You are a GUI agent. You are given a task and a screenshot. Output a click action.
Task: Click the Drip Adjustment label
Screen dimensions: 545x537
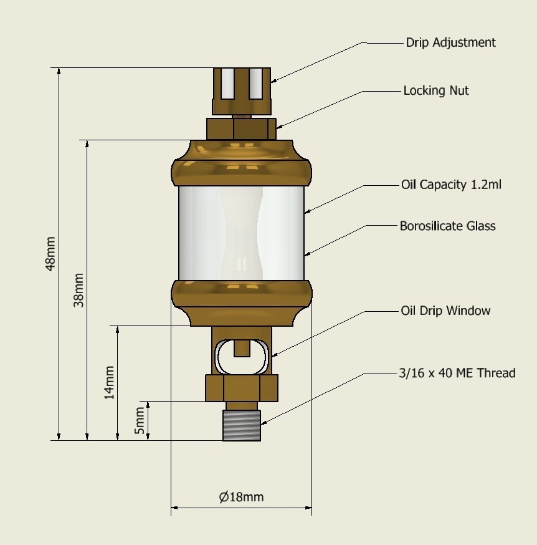tap(450, 43)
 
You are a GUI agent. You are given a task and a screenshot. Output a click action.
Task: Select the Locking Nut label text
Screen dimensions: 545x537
tap(436, 91)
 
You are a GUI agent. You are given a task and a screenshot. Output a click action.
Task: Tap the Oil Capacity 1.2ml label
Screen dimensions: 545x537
tap(451, 185)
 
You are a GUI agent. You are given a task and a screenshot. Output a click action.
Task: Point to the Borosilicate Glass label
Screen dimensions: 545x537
tap(447, 226)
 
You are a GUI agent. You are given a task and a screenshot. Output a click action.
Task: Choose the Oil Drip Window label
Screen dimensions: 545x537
tap(445, 311)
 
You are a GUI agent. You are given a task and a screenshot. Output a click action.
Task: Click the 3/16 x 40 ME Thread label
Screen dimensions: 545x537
tap(457, 374)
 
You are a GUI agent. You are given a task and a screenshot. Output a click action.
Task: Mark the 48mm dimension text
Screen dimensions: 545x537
tap(50, 253)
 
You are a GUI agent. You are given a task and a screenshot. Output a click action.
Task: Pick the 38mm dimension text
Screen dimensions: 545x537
tap(79, 290)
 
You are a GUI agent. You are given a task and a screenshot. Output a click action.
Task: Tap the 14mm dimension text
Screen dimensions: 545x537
tap(109, 382)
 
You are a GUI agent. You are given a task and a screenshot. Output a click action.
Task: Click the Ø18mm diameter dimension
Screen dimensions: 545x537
tap(241, 497)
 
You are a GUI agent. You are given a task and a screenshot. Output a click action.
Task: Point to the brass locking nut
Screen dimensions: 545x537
tap(242, 129)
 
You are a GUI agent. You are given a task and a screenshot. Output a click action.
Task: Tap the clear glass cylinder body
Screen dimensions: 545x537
tap(242, 232)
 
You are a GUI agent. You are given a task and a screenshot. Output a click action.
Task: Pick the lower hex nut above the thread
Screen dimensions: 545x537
tap(242, 388)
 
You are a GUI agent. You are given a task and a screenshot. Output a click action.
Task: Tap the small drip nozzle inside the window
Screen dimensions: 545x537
tap(242, 347)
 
